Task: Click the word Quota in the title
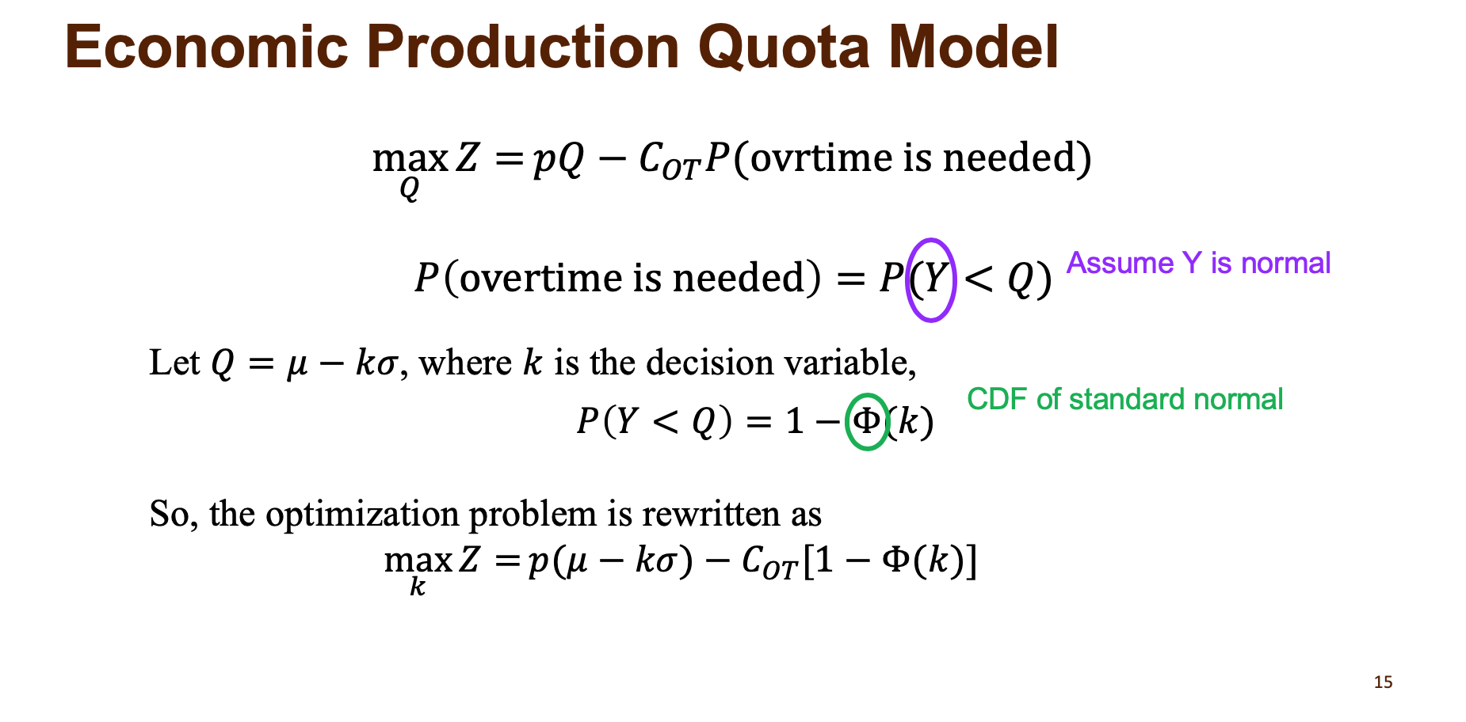coord(785,47)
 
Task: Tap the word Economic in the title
coord(207,47)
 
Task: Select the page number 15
coord(1383,682)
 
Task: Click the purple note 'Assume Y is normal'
coord(1198,264)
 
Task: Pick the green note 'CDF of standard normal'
coord(1124,400)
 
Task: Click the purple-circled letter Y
coord(932,279)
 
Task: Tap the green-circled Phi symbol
coord(867,421)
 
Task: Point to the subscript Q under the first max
coord(409,189)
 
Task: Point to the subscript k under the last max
coord(418,587)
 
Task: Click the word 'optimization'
coord(362,515)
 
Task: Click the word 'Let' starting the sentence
coord(174,363)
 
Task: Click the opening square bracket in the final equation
coord(808,562)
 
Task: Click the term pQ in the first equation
coord(559,158)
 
